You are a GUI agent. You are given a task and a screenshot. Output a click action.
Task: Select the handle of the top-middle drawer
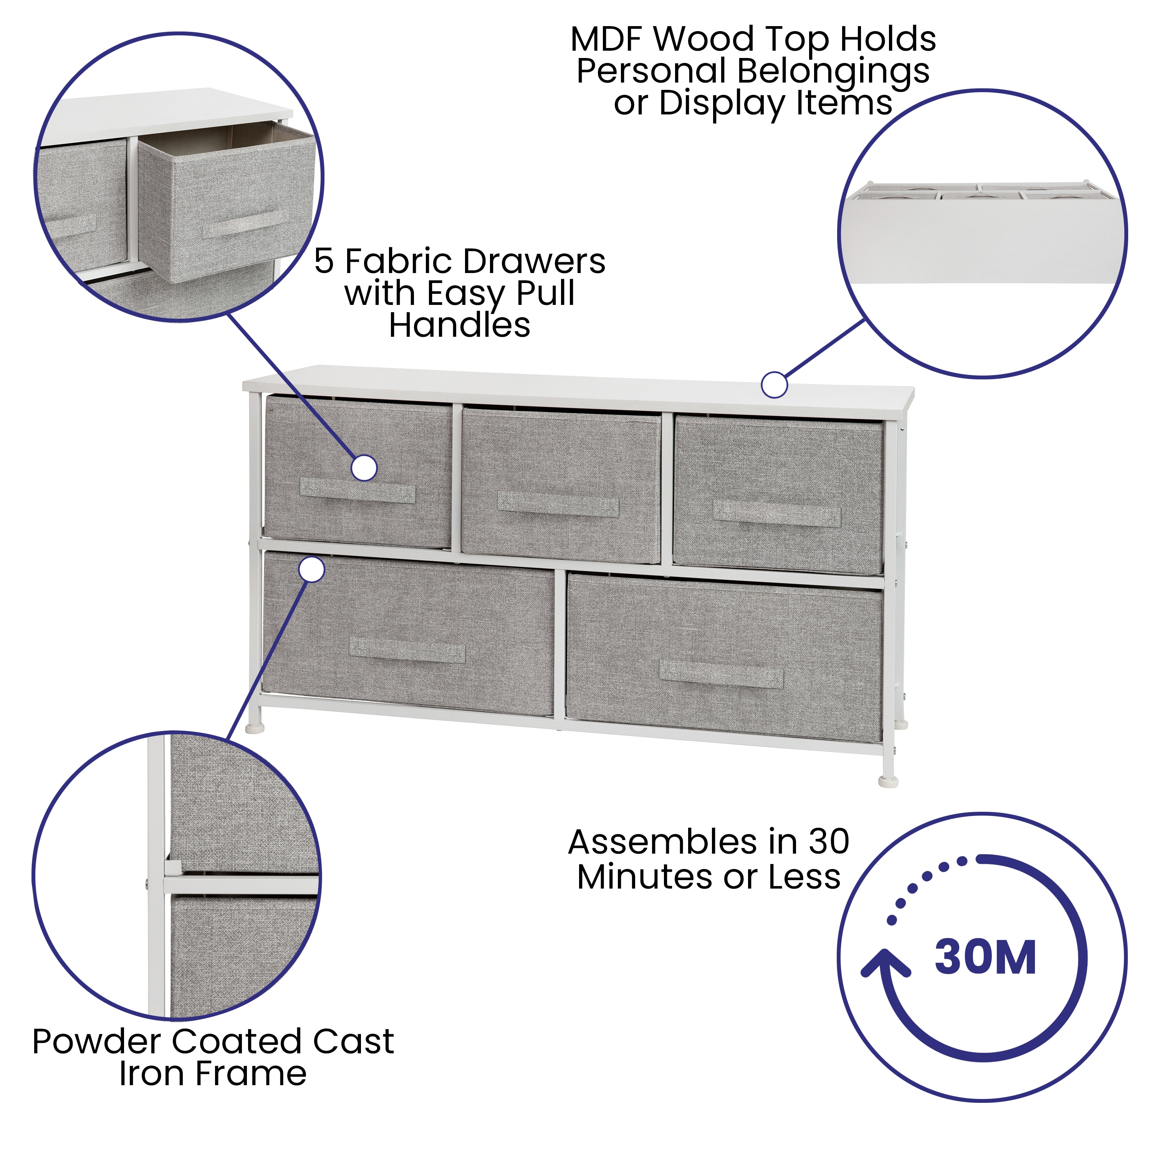(x=558, y=505)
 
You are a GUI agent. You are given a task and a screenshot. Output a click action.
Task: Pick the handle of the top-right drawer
(x=777, y=514)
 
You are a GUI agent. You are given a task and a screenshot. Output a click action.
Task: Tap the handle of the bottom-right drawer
(x=721, y=674)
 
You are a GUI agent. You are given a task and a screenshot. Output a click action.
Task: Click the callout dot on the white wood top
(x=774, y=385)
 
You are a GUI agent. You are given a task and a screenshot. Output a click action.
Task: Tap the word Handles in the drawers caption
(x=459, y=326)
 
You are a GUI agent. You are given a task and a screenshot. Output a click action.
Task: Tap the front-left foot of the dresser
(x=255, y=728)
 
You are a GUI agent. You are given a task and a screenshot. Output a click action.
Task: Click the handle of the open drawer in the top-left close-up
(x=245, y=225)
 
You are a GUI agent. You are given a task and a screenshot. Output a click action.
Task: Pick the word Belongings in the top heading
(x=833, y=71)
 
